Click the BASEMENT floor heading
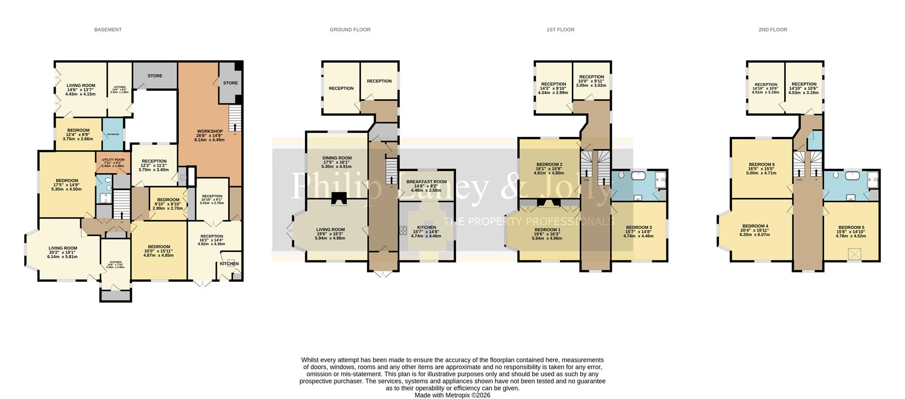(x=108, y=30)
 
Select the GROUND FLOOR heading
(x=350, y=30)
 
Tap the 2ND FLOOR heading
(x=773, y=30)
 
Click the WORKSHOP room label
(x=210, y=131)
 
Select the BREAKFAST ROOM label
(x=426, y=182)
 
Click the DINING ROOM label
(x=337, y=158)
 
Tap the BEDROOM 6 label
(x=761, y=164)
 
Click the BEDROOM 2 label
(x=549, y=164)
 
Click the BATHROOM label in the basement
(x=113, y=135)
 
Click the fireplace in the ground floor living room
(x=337, y=200)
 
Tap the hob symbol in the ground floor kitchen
(x=403, y=230)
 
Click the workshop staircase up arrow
(x=234, y=124)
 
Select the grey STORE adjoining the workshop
(x=230, y=83)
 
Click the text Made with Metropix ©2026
(x=452, y=395)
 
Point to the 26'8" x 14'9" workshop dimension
(x=210, y=136)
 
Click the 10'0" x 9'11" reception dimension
(x=592, y=81)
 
